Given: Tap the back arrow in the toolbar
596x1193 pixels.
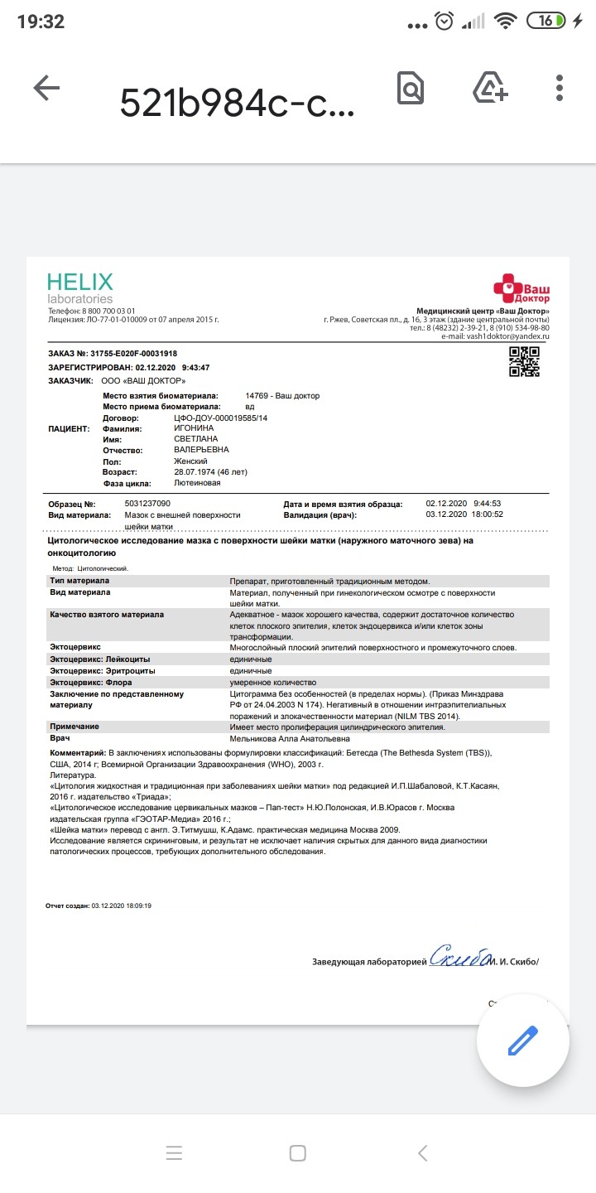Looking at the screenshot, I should click(46, 89).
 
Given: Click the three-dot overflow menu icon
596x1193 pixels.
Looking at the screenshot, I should click(560, 88).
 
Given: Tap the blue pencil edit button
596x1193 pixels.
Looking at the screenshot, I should click(522, 1041).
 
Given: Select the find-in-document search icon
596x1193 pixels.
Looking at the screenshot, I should click(411, 88).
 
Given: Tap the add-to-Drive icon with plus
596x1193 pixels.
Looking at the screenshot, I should click(488, 88).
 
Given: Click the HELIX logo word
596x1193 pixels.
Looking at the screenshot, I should click(79, 282).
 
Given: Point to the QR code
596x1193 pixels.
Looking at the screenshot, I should click(524, 362).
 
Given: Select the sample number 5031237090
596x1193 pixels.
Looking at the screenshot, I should click(147, 504).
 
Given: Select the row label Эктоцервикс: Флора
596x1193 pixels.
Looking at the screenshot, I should click(91, 682).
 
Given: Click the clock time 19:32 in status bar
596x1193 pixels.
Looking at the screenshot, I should click(41, 22).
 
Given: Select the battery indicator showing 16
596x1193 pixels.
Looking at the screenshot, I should click(548, 22).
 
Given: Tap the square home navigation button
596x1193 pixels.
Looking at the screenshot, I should click(298, 1152).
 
